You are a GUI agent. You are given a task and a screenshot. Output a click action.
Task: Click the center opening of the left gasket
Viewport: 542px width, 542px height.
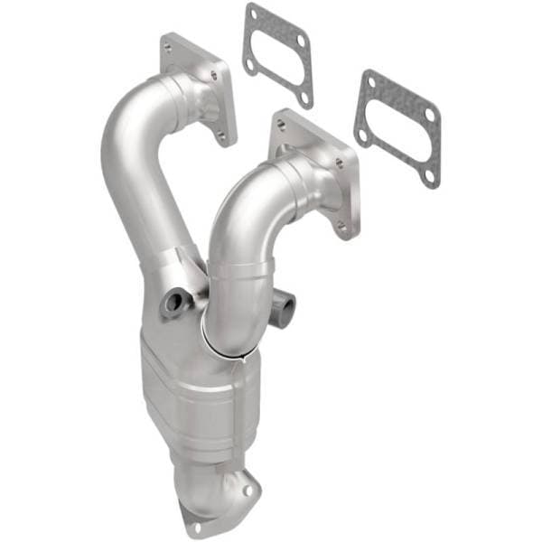(x=276, y=54)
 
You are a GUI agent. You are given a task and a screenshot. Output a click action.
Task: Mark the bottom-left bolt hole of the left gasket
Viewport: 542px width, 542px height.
(x=249, y=64)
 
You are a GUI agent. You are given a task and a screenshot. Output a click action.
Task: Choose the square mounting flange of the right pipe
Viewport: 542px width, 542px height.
(x=316, y=172)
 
